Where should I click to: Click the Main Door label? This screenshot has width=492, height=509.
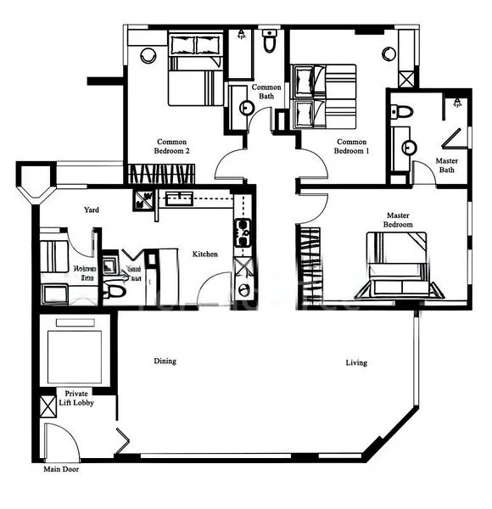61,468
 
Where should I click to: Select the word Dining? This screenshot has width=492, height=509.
165,361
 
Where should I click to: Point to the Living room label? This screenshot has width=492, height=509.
356,363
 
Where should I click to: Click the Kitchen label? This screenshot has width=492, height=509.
205,254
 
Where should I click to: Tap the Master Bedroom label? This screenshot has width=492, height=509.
399,221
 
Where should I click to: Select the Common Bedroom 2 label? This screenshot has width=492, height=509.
171,146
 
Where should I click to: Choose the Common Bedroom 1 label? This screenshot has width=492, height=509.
353,146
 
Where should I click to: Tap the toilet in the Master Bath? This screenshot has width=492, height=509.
402,110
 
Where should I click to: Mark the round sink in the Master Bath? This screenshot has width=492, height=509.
409,147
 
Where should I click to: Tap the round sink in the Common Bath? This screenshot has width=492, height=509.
246,108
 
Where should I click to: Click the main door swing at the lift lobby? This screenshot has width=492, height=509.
58,441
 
